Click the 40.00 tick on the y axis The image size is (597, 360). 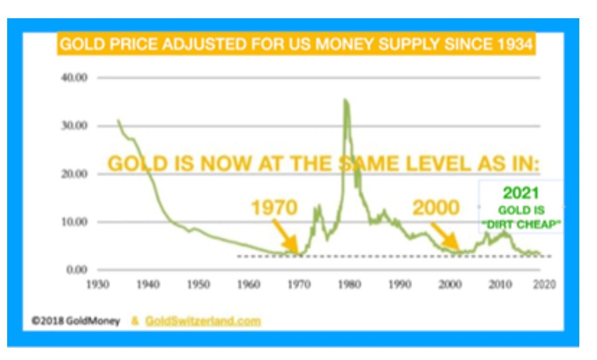click(74, 78)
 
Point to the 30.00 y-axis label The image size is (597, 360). click(74, 126)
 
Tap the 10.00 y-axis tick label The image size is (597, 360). click(74, 222)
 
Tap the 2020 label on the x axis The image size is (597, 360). click(546, 285)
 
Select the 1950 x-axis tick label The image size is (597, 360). click(198, 285)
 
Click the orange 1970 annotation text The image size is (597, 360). click(275, 208)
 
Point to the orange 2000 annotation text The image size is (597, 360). click(436, 208)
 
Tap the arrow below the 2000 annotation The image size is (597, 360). click(445, 236)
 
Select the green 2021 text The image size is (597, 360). click(521, 193)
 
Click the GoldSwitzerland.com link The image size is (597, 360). click(203, 321)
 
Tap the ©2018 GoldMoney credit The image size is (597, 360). click(76, 321)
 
